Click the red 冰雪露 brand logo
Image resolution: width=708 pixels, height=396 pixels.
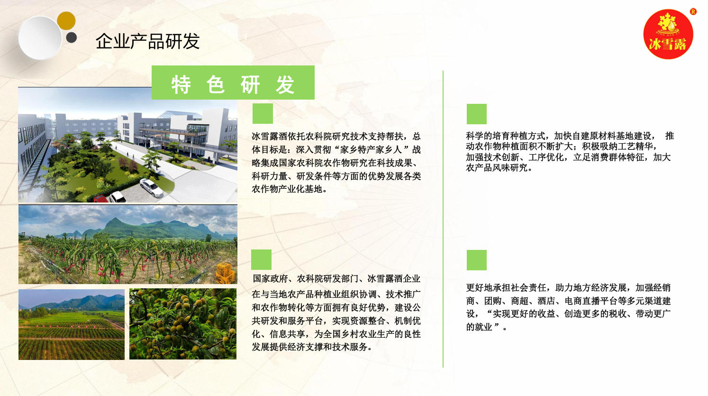point(668,34)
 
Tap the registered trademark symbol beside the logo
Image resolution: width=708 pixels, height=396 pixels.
point(693,12)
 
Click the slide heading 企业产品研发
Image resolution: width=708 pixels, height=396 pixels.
point(147,41)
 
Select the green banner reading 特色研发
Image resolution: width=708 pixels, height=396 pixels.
point(233,83)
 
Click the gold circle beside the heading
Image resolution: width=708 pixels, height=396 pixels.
point(66,21)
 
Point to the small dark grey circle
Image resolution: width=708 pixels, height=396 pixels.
point(72,37)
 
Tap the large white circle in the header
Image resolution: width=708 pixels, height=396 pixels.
point(40,37)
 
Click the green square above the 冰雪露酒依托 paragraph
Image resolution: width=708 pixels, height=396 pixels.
point(263,113)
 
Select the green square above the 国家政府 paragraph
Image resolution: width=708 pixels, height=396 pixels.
point(262,259)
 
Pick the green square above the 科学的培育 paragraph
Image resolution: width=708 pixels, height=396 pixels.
point(477,114)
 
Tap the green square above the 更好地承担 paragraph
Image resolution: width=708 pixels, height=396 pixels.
point(477,260)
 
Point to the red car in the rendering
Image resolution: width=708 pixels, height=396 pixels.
point(100,199)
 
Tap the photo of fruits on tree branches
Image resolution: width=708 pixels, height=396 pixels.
point(183,324)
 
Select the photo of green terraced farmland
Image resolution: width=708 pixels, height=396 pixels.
point(72,324)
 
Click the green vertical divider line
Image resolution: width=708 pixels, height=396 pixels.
point(443,219)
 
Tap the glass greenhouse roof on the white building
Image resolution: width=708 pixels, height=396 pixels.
point(179,114)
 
